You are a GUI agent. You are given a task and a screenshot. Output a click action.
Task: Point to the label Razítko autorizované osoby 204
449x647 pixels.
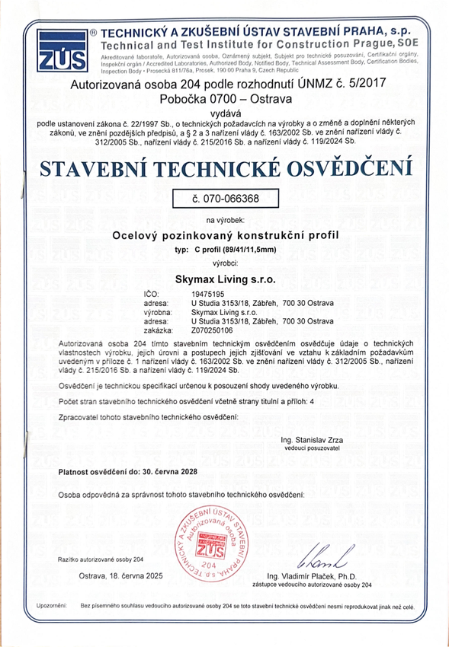(101, 559)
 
